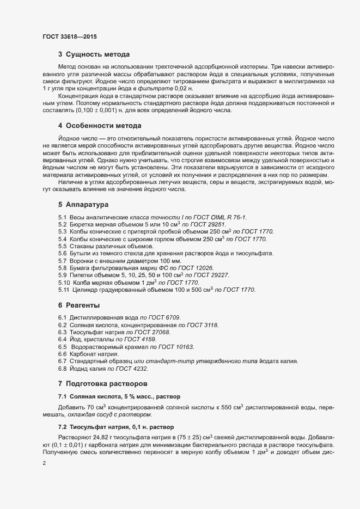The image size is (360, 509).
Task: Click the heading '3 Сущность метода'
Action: (94, 54)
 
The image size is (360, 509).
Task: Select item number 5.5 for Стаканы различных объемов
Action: (63, 247)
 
